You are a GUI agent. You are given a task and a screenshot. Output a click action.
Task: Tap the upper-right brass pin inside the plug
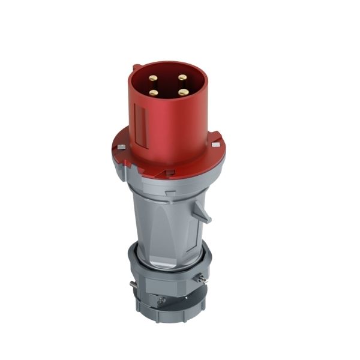181,77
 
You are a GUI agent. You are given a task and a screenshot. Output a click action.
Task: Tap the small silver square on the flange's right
215,145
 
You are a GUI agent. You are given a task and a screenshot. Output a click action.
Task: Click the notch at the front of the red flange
170,173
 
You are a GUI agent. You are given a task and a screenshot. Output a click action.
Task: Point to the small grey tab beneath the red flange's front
169,180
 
